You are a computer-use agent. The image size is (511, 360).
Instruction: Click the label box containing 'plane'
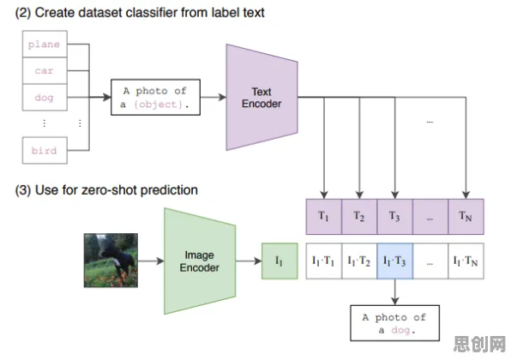pyautogui.click(x=45, y=44)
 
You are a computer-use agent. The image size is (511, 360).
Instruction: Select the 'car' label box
pyautogui.click(x=45, y=70)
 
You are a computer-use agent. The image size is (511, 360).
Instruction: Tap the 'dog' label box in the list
pyautogui.click(x=45, y=98)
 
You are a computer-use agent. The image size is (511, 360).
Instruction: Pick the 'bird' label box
pyautogui.click(x=45, y=150)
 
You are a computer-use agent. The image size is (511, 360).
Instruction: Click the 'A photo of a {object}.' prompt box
pyautogui.click(x=155, y=97)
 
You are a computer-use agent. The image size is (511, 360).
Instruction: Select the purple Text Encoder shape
pyautogui.click(x=262, y=97)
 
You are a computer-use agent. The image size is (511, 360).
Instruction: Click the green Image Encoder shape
pyautogui.click(x=200, y=261)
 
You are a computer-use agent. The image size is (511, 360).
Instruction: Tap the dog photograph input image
pyautogui.click(x=111, y=261)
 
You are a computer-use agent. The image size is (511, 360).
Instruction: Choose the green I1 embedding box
pyautogui.click(x=280, y=261)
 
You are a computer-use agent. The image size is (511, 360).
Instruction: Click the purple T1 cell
pyautogui.click(x=323, y=217)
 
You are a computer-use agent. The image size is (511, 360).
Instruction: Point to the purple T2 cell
pyautogui.click(x=359, y=217)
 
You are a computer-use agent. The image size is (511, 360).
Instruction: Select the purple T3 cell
pyautogui.click(x=394, y=217)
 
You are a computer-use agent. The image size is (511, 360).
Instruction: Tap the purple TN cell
pyautogui.click(x=466, y=217)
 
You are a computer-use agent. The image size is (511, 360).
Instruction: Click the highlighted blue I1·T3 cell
pyautogui.click(x=394, y=261)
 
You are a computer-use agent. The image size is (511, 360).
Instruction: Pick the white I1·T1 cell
pyautogui.click(x=323, y=261)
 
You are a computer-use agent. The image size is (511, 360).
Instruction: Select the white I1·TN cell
pyautogui.click(x=466, y=261)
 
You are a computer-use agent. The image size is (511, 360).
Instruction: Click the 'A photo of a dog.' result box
pyautogui.click(x=394, y=323)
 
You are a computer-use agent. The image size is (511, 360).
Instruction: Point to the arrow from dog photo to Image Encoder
pyautogui.click(x=151, y=261)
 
